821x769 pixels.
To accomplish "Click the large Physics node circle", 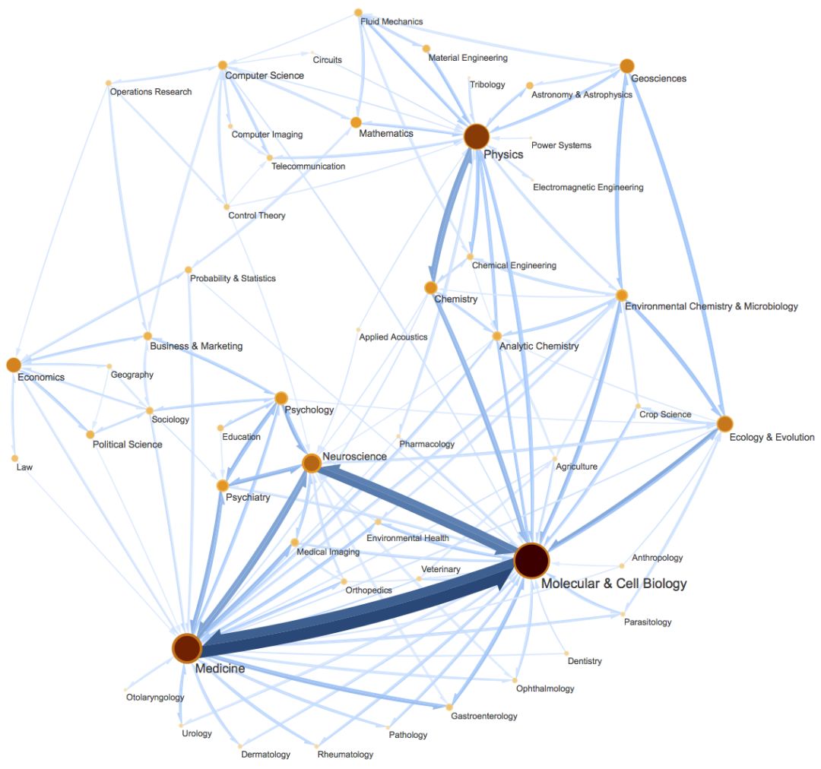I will pos(476,137).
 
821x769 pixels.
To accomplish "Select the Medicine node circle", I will pos(186,648).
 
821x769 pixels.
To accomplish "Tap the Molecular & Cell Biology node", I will pos(531,561).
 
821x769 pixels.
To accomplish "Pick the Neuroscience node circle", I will pos(311,463).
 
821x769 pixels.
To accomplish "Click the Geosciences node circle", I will pos(626,66).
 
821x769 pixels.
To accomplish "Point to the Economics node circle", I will pos(13,365).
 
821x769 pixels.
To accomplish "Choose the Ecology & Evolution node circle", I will pos(724,423).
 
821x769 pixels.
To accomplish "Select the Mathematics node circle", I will pos(356,122).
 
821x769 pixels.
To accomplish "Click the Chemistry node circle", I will pos(430,287).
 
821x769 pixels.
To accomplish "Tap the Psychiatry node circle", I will pos(222,486).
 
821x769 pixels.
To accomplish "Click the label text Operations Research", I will pos(151,92).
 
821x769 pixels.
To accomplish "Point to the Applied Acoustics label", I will pos(393,337).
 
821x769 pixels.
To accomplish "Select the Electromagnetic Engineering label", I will pos(588,187).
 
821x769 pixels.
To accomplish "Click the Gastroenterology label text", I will pos(483,716).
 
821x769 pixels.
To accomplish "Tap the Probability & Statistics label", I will pos(233,278).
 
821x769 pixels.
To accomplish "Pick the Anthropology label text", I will pos(657,558).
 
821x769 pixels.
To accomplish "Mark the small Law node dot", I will pos(14,458).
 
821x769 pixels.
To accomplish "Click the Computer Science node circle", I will pos(223,65).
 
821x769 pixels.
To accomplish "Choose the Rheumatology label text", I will pos(345,755).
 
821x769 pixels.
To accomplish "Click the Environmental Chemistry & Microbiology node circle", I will pos(622,295).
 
